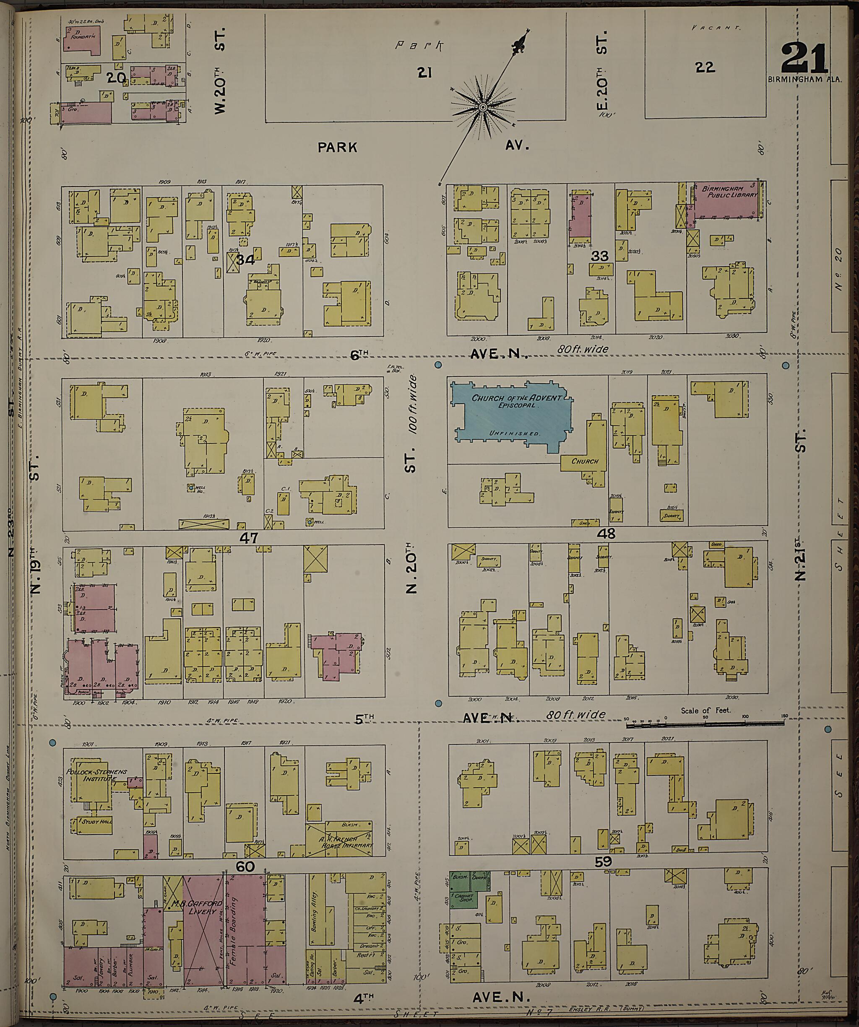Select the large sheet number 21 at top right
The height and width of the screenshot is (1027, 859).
[804, 59]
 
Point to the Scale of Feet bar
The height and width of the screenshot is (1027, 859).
[705, 722]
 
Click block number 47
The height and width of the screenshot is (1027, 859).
[248, 538]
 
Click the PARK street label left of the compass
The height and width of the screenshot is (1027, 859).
[337, 147]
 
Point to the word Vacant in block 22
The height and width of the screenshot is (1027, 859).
[716, 28]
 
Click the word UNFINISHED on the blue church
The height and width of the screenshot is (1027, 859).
[513, 434]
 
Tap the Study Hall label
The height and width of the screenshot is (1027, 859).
[97, 822]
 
